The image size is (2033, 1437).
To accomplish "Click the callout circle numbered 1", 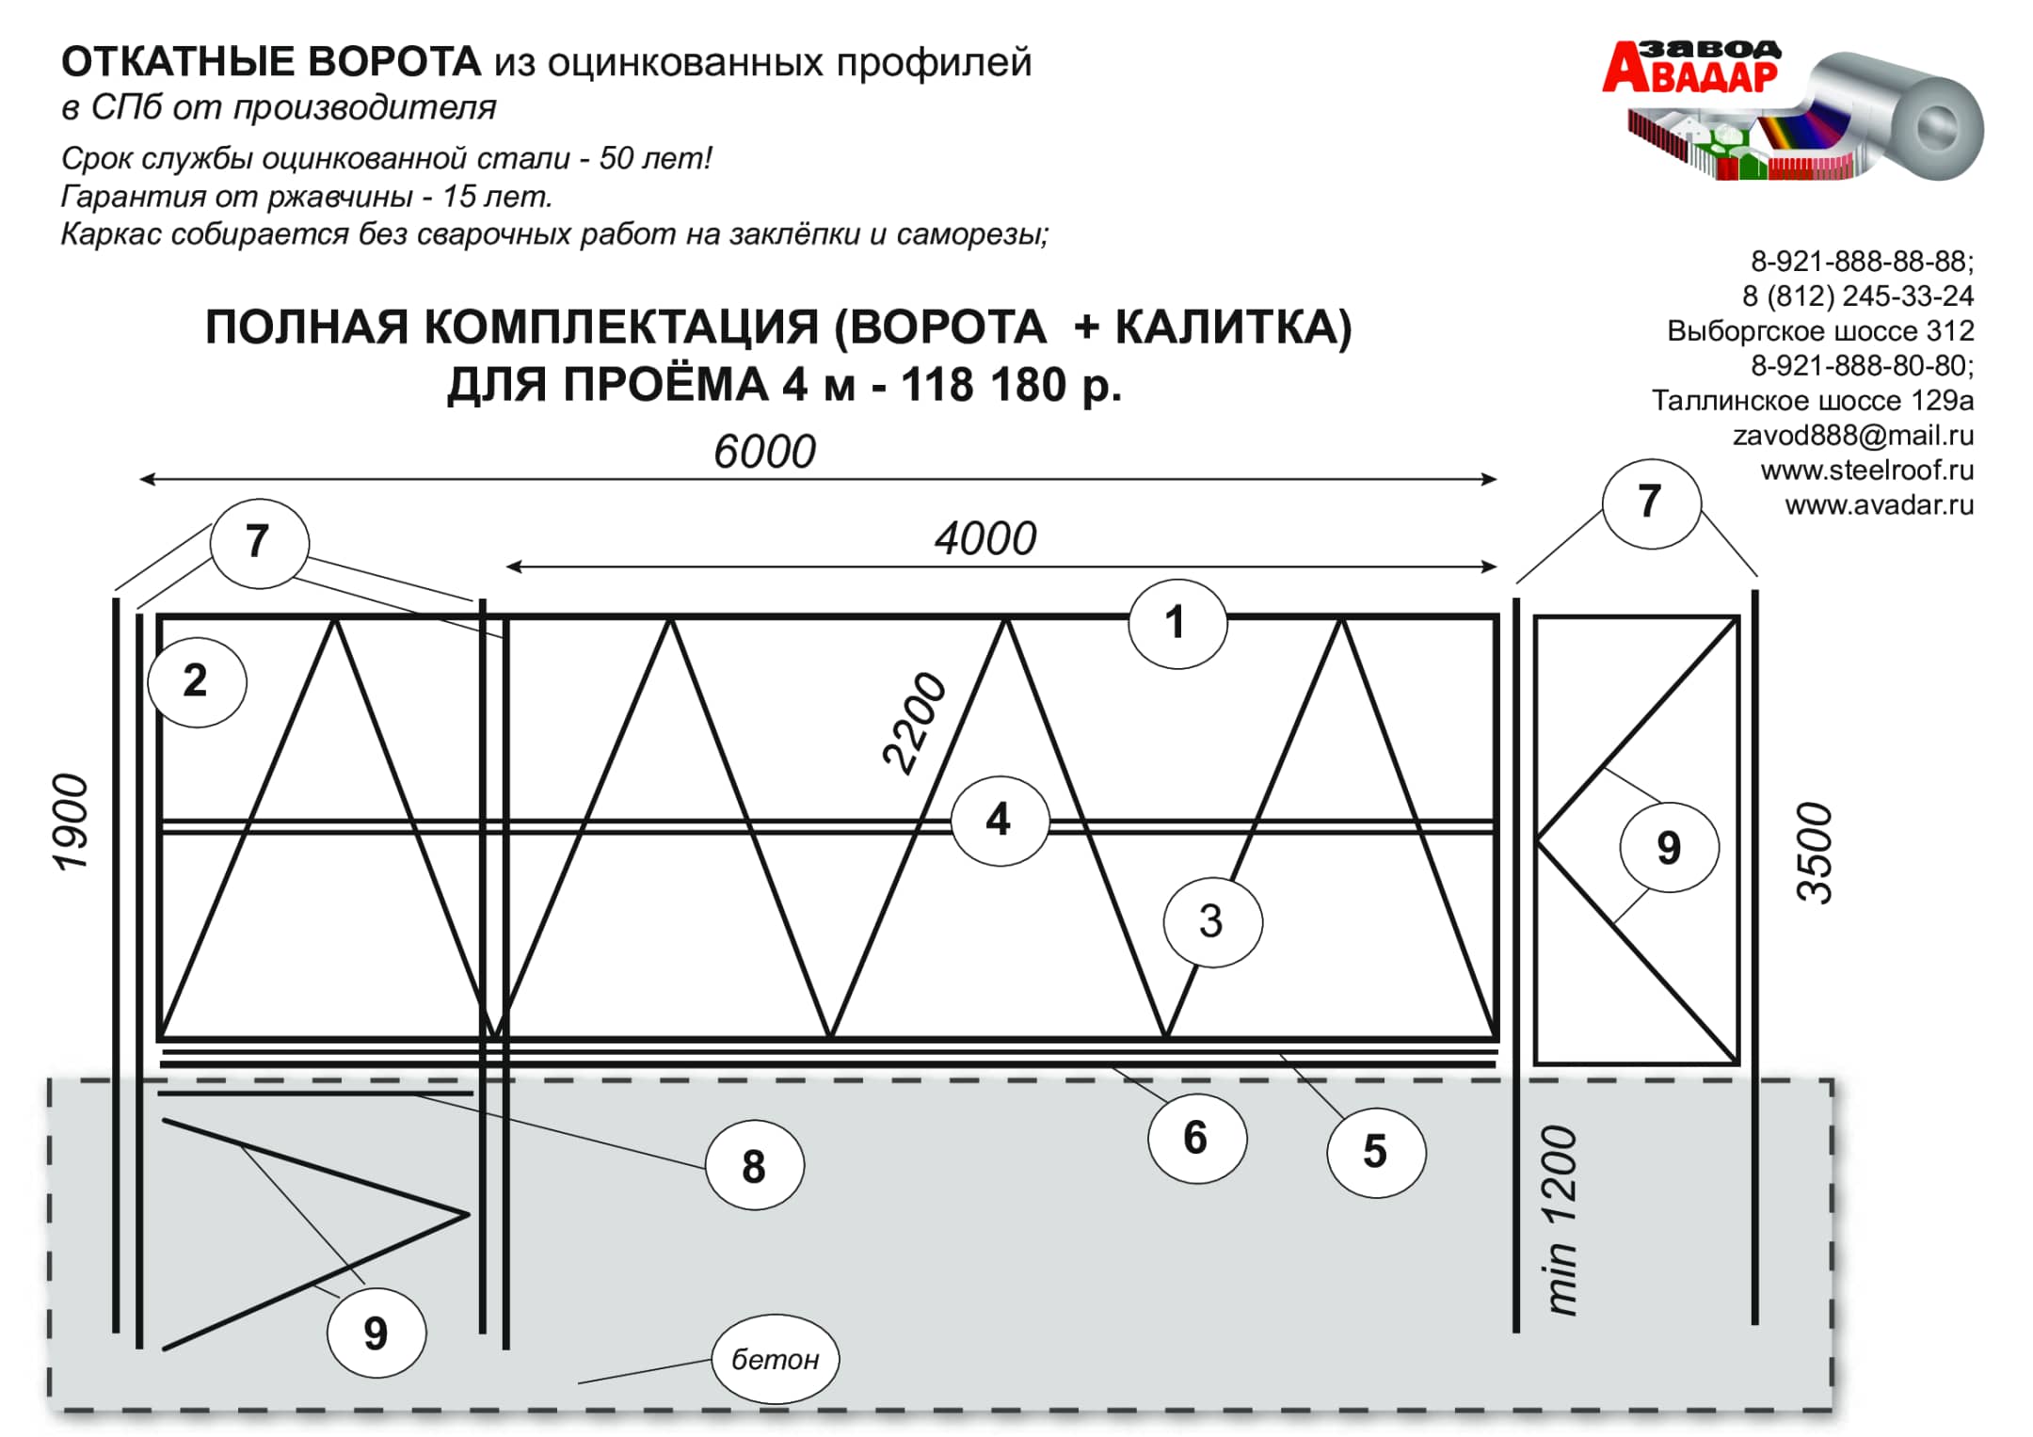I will click(x=1177, y=623).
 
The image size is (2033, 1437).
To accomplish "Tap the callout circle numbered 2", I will click(x=197, y=680).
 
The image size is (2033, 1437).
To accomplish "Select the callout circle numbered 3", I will click(x=1212, y=920).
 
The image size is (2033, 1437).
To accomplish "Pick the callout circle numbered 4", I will click(x=999, y=820).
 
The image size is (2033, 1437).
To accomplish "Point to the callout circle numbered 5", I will click(x=1375, y=1151).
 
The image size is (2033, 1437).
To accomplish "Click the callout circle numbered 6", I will click(x=1196, y=1138).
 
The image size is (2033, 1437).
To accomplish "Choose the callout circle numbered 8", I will click(x=754, y=1167).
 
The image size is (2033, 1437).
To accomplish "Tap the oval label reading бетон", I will click(x=775, y=1359).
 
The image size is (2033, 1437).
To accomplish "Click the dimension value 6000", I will click(x=764, y=452).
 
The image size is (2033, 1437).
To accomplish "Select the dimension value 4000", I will click(x=985, y=539).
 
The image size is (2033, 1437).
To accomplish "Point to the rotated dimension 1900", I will click(x=72, y=822).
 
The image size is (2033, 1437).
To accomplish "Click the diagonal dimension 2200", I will click(x=914, y=723).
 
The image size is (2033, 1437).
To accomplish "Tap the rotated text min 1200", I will click(x=1561, y=1220).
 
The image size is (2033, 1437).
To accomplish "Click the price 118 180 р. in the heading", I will click(x=1011, y=385).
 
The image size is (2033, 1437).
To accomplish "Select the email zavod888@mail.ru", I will click(x=1852, y=436).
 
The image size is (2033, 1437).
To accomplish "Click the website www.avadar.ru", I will click(x=1879, y=505).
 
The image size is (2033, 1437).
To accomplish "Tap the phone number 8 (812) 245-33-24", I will click(x=1857, y=296).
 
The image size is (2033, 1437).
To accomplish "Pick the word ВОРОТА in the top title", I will click(x=393, y=62).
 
